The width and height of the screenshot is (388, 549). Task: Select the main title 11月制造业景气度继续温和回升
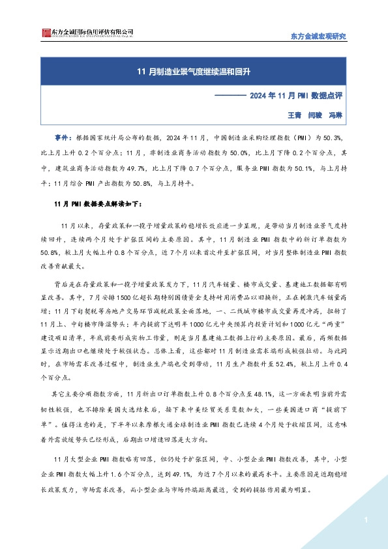(194, 70)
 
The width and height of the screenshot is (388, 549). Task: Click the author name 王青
(295, 113)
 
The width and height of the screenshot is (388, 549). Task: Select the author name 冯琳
(335, 113)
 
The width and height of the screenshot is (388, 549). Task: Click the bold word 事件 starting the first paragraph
(62, 138)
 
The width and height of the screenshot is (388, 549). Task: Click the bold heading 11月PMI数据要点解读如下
(98, 203)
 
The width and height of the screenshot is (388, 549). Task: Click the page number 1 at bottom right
(367, 520)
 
